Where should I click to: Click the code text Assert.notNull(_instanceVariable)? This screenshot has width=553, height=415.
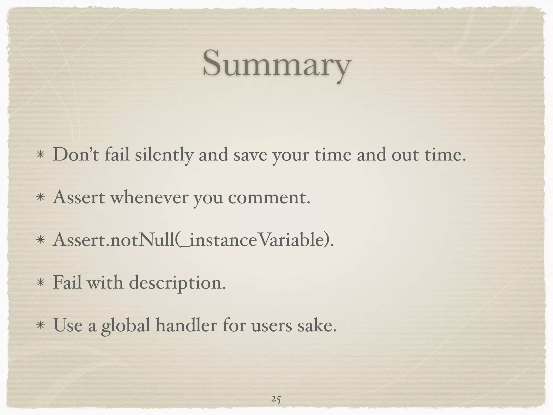193,240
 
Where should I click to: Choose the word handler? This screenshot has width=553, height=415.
186,325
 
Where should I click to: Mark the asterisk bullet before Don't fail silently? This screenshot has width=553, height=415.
41,156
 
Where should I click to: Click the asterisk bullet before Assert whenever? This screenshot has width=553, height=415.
41,198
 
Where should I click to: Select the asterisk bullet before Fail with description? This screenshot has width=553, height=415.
41,283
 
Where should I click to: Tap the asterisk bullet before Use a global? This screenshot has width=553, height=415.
41,326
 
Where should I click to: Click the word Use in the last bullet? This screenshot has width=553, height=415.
68,325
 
